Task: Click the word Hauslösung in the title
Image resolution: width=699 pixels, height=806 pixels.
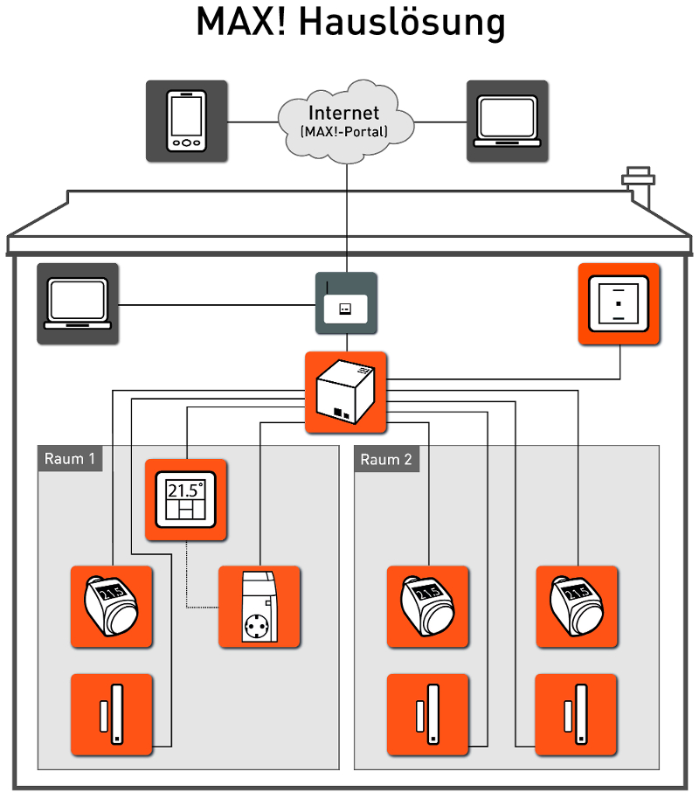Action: pyautogui.click(x=402, y=24)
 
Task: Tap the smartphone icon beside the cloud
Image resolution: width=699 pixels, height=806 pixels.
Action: pyautogui.click(x=186, y=121)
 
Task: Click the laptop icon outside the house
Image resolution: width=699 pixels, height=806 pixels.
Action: pyautogui.click(x=507, y=121)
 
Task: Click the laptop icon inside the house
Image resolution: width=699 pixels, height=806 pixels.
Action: pyautogui.click(x=77, y=302)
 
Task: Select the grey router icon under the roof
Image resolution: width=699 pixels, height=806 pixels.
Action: pyautogui.click(x=346, y=303)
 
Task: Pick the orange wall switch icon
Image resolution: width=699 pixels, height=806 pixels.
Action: pyautogui.click(x=619, y=303)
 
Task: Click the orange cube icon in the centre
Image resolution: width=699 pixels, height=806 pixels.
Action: pyautogui.click(x=345, y=393)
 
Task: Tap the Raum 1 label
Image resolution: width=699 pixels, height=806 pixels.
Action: pyautogui.click(x=70, y=459)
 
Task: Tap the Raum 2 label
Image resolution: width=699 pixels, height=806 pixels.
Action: pyautogui.click(x=386, y=459)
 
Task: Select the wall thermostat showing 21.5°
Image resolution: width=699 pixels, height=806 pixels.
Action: pyautogui.click(x=185, y=500)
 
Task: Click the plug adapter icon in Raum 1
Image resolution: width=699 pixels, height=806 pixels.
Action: pyautogui.click(x=260, y=607)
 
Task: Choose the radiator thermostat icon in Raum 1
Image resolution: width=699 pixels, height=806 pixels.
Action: pyautogui.click(x=111, y=607)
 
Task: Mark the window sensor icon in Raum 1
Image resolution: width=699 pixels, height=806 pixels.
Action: pyautogui.click(x=111, y=713)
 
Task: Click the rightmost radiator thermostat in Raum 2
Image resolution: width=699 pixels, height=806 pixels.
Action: pyautogui.click(x=577, y=607)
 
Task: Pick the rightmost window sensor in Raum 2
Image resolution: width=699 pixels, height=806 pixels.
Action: pyautogui.click(x=577, y=713)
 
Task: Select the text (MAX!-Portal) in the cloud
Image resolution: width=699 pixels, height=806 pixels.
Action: pyautogui.click(x=344, y=132)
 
